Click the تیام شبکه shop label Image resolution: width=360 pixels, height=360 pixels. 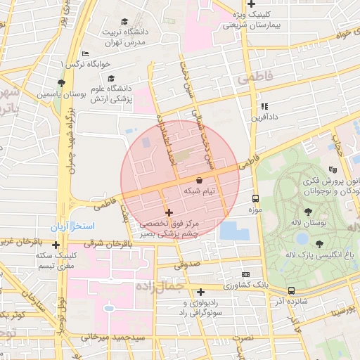200,191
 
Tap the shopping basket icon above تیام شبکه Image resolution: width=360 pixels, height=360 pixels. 200,180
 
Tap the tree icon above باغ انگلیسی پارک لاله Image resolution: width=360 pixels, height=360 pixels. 320,243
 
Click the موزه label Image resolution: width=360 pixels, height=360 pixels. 255,210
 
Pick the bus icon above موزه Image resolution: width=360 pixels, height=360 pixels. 255,198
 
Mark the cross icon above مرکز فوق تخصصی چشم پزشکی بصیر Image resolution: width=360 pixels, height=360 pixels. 169,212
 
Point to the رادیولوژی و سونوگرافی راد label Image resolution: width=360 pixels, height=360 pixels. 201,307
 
